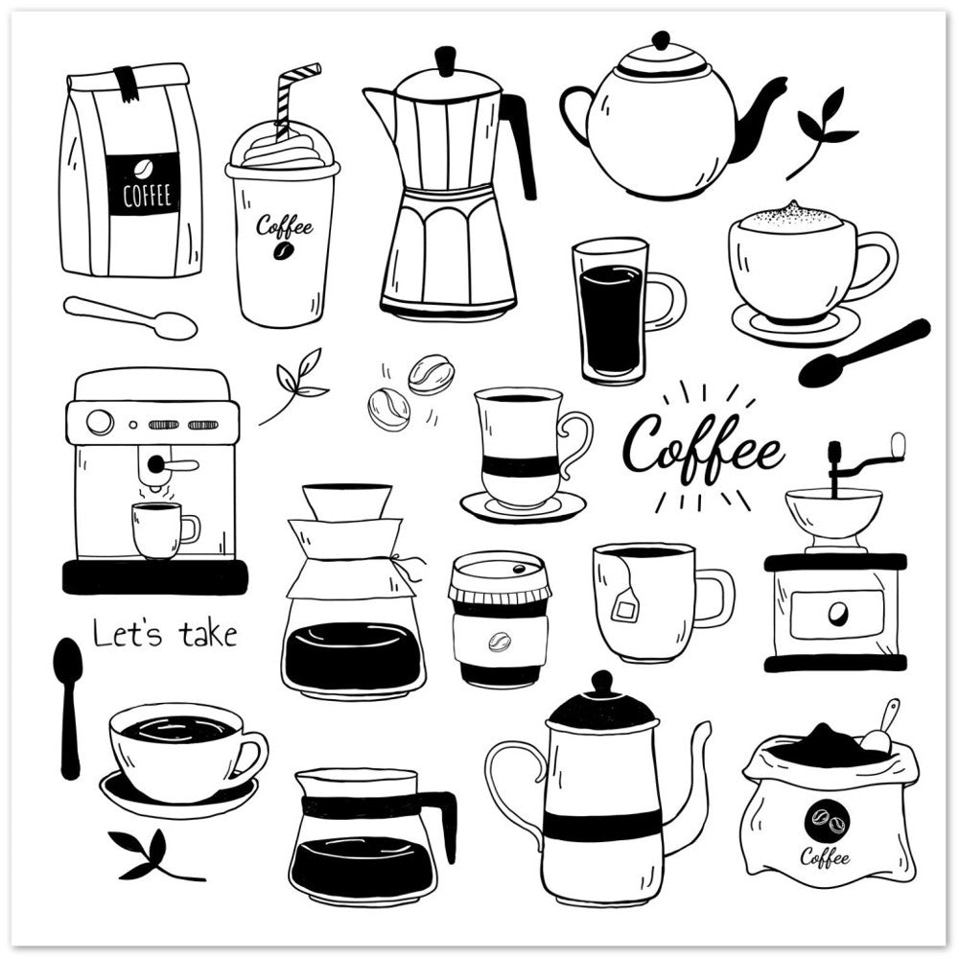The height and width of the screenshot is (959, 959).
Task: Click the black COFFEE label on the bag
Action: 143,183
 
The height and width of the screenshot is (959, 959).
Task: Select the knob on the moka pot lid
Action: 445,61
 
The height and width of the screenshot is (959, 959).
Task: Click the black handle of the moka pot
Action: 520,144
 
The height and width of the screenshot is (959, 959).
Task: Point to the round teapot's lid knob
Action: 661,41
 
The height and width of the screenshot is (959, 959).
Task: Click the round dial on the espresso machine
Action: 100,422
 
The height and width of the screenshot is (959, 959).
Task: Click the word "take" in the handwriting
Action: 208,634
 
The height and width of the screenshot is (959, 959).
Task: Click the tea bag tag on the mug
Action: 624,609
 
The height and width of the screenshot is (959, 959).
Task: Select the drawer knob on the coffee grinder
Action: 838,612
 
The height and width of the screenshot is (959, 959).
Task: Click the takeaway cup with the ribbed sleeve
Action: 499,619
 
